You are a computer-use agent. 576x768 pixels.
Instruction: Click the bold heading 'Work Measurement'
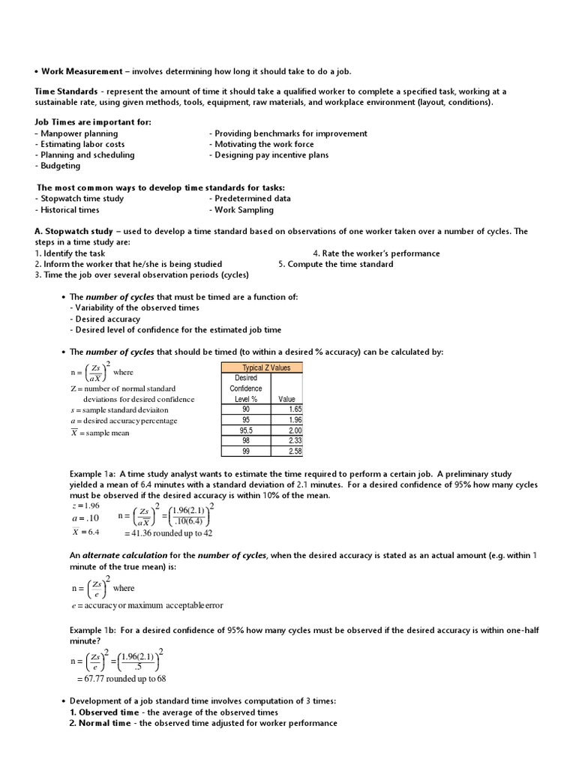[82, 71]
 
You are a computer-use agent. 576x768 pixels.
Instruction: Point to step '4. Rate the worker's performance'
[376, 253]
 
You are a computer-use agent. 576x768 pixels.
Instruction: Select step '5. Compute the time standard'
[335, 264]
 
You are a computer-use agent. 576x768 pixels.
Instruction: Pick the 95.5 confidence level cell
[246, 430]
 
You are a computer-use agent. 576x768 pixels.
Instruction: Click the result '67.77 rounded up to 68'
[121, 679]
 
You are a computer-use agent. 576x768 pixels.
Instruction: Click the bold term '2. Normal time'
[104, 723]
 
